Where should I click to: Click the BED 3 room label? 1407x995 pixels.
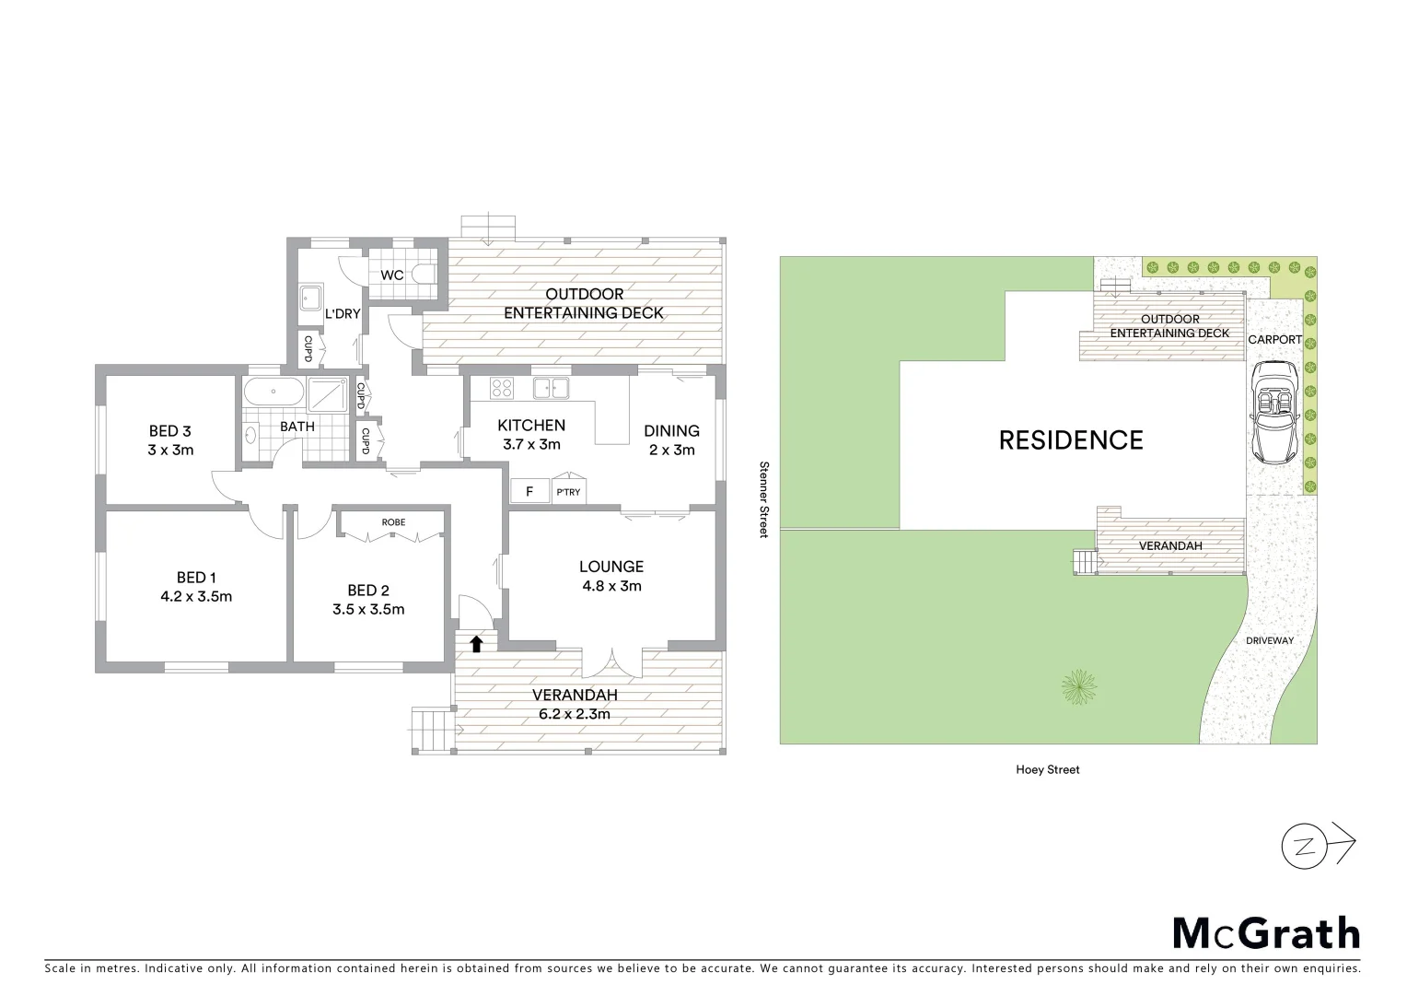(170, 430)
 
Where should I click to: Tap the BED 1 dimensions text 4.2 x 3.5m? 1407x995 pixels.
(196, 596)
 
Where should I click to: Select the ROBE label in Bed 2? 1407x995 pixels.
(393, 522)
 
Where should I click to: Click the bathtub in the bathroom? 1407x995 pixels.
(273, 392)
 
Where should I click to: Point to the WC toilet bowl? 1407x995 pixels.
(424, 274)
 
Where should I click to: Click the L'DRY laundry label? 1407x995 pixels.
(342, 314)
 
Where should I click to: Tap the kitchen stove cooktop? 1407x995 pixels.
(501, 388)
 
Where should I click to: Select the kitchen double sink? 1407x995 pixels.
(551, 388)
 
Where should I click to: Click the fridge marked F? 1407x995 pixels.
(529, 491)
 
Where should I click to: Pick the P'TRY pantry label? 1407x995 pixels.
(568, 492)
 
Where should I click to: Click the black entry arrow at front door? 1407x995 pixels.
(476, 643)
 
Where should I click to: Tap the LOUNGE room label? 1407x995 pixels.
(610, 567)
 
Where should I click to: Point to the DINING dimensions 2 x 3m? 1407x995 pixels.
(671, 450)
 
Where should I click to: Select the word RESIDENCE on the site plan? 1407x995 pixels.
(1071, 440)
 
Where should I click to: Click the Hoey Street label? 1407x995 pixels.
(1048, 769)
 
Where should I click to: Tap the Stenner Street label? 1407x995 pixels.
(762, 499)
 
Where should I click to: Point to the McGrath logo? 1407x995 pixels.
(1265, 933)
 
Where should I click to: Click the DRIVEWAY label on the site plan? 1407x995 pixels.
(1269, 640)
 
